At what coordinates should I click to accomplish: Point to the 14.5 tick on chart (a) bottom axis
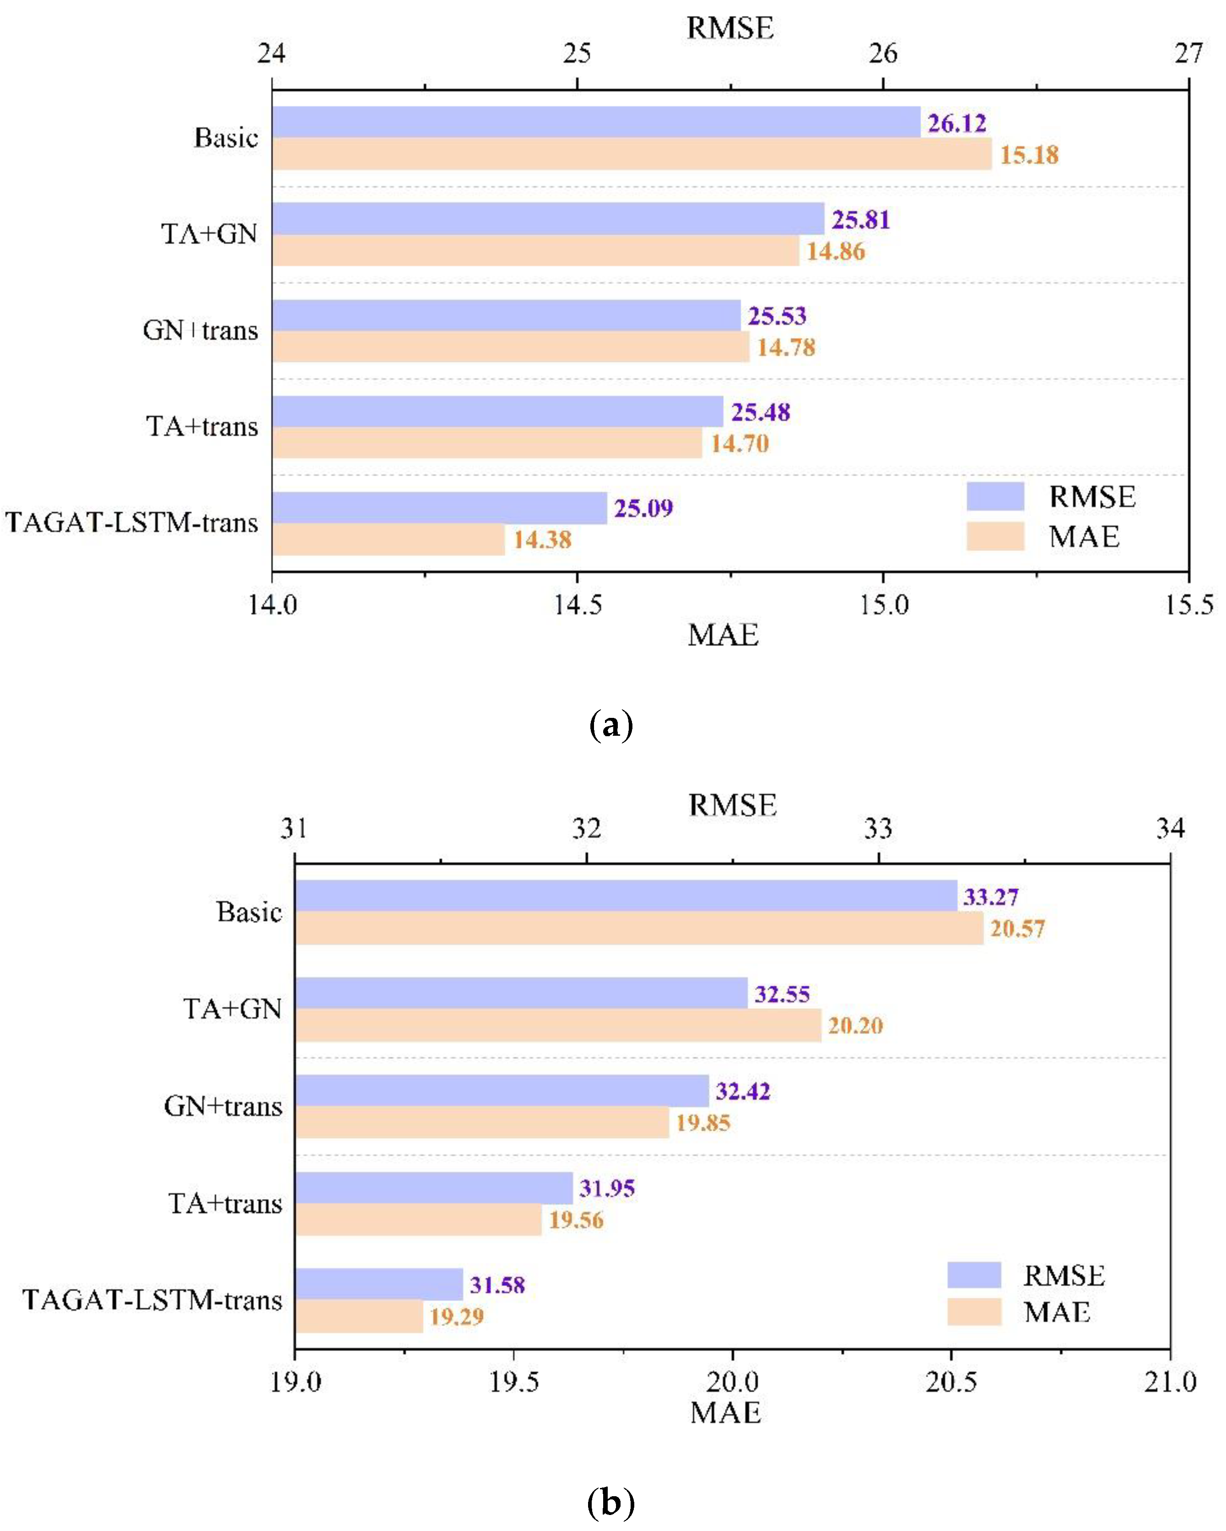click(x=577, y=604)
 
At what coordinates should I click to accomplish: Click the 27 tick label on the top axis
click(x=1188, y=53)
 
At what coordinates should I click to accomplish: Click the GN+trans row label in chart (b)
click(x=223, y=1106)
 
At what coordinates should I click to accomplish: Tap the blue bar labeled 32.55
click(x=521, y=993)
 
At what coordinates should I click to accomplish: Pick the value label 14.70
click(x=740, y=444)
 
